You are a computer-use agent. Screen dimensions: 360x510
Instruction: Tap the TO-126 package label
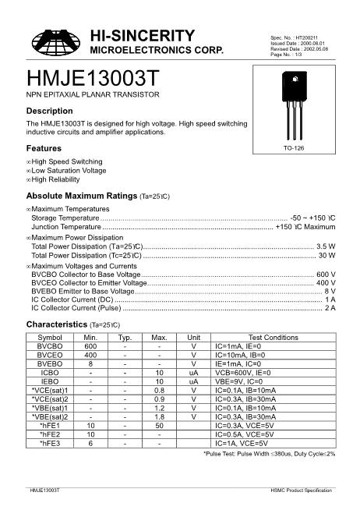(293, 147)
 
